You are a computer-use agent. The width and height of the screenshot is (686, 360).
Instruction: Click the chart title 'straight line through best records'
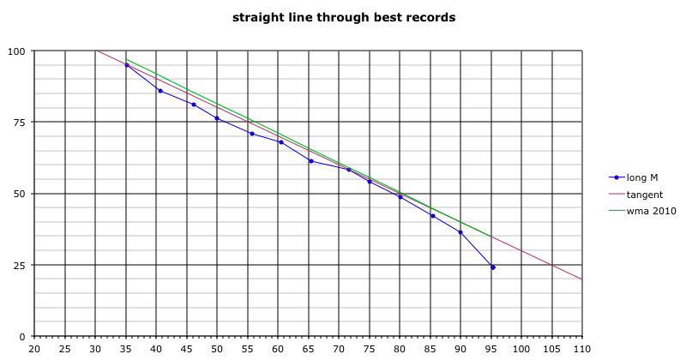point(344,16)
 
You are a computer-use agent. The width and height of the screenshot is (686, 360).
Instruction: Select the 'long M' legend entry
point(641,177)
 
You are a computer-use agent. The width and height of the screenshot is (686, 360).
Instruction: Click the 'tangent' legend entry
point(644,195)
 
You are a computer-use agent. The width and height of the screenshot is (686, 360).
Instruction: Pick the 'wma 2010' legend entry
point(648,212)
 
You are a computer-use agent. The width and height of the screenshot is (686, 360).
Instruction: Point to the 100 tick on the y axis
point(16,51)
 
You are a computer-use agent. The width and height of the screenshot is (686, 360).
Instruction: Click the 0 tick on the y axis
point(22,336)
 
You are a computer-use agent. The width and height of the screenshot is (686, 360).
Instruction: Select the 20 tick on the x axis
point(34,350)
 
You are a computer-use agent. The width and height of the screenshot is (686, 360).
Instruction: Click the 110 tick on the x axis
point(582,350)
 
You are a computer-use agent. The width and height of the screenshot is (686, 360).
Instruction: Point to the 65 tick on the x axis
point(309,350)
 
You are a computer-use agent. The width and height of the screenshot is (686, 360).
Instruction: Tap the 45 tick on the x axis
point(187,350)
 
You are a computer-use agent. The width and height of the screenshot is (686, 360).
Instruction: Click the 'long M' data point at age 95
point(492,267)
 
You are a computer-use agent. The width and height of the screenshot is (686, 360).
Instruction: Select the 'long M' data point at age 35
point(127,65)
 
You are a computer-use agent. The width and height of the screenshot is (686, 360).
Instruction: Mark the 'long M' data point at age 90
point(460,232)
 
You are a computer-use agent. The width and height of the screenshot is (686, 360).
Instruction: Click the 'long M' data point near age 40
point(159,91)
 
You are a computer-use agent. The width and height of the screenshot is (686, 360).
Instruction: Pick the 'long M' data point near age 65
point(310,161)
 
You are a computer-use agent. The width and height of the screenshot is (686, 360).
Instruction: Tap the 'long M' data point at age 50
point(217,118)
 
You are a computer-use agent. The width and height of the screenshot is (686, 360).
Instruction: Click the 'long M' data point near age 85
point(433,216)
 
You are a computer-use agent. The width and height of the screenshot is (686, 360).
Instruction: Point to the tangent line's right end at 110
point(582,279)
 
